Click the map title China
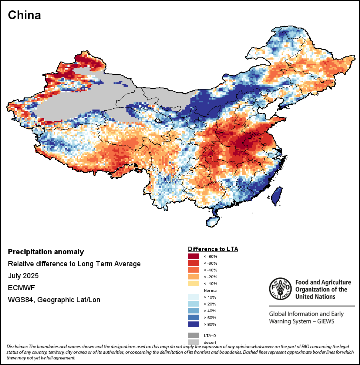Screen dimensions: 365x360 click(x=24, y=15)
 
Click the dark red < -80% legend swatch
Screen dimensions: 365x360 click(x=194, y=256)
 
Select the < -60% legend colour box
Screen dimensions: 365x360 click(x=194, y=263)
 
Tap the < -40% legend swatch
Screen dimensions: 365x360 click(x=194, y=270)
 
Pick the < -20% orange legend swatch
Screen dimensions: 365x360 click(x=194, y=277)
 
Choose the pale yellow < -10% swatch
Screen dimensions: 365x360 click(x=194, y=283)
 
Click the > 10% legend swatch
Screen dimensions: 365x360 click(x=194, y=297)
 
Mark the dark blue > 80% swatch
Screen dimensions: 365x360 click(x=194, y=324)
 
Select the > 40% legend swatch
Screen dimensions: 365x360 click(x=194, y=311)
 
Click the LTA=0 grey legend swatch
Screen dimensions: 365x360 click(x=194, y=335)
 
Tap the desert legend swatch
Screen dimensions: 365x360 click(x=194, y=342)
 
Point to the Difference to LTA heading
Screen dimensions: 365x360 click(x=213, y=249)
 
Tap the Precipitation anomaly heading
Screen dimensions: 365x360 click(x=46, y=252)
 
